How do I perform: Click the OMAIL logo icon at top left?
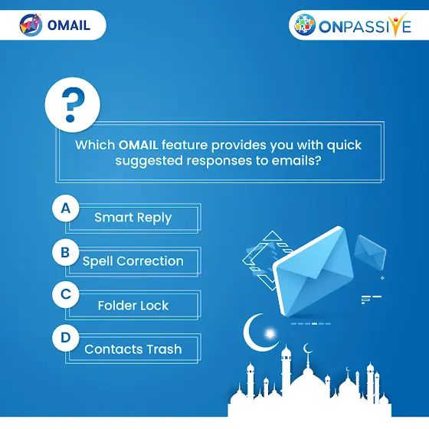coord(31,25)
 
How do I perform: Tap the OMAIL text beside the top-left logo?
coord(69,25)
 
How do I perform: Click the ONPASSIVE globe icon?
coord(305,25)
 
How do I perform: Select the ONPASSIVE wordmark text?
coord(365,26)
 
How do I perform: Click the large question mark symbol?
coord(73,104)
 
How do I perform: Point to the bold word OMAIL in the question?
coord(138,145)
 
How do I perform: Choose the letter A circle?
coord(66,208)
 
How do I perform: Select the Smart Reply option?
coord(133,218)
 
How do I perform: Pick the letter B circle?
coord(66,252)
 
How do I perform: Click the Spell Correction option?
coord(133,261)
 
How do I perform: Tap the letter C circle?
coord(66,294)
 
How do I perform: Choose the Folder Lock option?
coord(133,306)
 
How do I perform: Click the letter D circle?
coord(66,338)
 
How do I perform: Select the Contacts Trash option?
coord(133,349)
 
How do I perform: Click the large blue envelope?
coord(313,271)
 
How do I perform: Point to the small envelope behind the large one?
coord(370,252)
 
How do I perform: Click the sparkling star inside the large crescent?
coord(270,334)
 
